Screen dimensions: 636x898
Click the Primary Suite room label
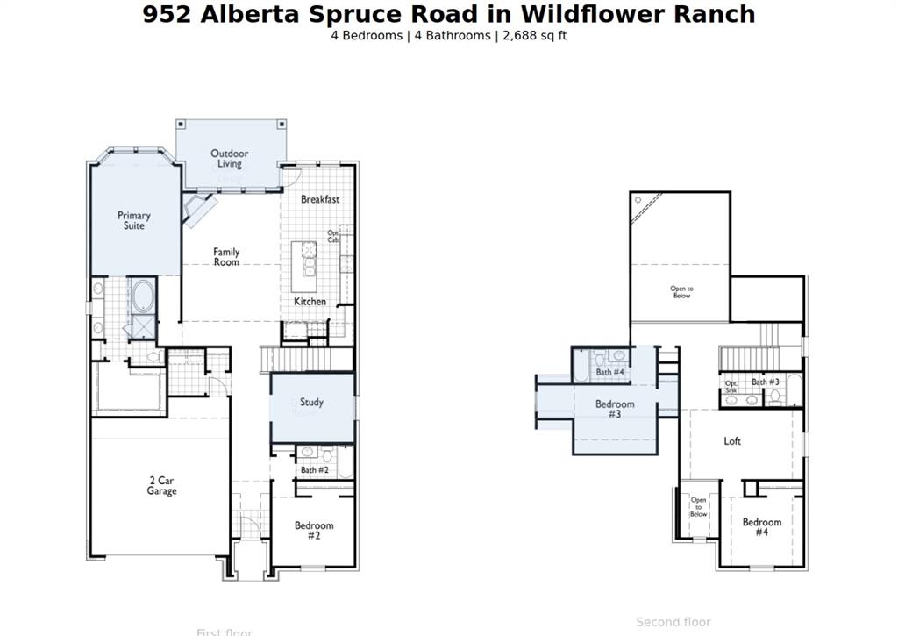pyautogui.click(x=134, y=220)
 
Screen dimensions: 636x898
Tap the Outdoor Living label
pyautogui.click(x=229, y=159)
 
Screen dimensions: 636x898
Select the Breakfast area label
pyautogui.click(x=320, y=199)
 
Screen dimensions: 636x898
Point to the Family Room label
pyautogui.click(x=226, y=257)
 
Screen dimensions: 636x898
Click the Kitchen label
pyautogui.click(x=310, y=301)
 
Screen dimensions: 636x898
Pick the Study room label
pyautogui.click(x=311, y=403)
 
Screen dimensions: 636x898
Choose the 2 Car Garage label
pyautogui.click(x=161, y=486)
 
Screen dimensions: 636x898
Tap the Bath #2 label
pyautogui.click(x=315, y=470)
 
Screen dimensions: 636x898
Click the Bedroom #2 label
pyautogui.click(x=314, y=531)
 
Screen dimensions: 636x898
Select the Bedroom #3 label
pyautogui.click(x=615, y=409)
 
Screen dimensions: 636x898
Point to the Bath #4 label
pyautogui.click(x=610, y=372)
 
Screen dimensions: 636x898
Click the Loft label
pyautogui.click(x=732, y=441)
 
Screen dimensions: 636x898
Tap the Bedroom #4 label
pyautogui.click(x=761, y=526)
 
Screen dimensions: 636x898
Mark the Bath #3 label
pyautogui.click(x=766, y=382)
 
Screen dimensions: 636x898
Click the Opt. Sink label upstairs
pyautogui.click(x=731, y=387)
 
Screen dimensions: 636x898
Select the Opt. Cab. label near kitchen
pyautogui.click(x=333, y=236)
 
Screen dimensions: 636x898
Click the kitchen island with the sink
pyautogui.click(x=309, y=261)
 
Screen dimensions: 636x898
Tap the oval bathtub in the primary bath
pyautogui.click(x=142, y=297)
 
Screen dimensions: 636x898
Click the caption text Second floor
pyautogui.click(x=673, y=622)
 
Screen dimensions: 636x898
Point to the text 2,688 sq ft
pyautogui.click(x=535, y=36)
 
